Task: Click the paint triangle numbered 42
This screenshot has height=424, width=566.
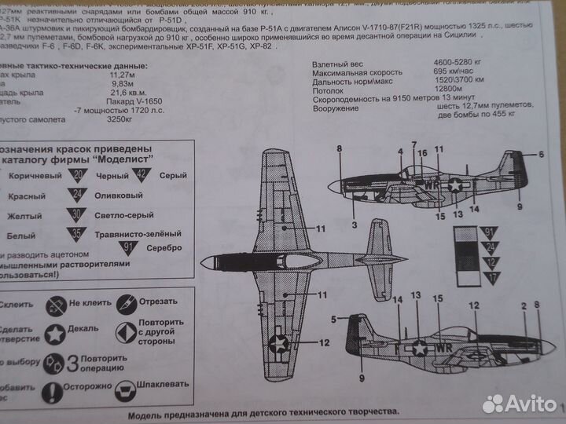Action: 142,174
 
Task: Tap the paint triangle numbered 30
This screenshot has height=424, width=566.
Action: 76,214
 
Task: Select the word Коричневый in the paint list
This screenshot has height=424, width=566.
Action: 35,175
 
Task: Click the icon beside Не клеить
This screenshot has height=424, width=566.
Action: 54,303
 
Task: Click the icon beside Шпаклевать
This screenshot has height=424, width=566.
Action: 124,389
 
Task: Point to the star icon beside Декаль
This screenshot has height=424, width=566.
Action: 54,333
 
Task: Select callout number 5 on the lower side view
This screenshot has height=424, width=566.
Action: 335,319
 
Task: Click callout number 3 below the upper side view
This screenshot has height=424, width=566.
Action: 355,225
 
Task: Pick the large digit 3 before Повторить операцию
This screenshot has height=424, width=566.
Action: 72,363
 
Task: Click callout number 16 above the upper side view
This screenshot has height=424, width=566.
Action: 421,154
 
